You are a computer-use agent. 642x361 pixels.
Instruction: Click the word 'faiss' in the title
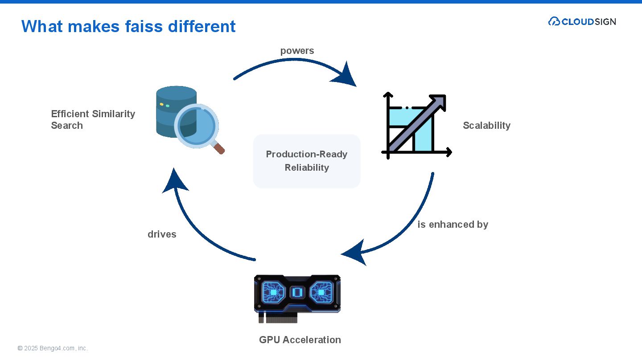pyautogui.click(x=144, y=26)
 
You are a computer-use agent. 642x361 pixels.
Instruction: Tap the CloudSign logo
pyautogui.click(x=582, y=21)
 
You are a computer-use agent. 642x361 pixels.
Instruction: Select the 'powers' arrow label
pyautogui.click(x=297, y=51)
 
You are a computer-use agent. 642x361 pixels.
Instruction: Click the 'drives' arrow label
pyautogui.click(x=162, y=234)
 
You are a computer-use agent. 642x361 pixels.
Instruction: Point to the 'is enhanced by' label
pyautogui.click(x=453, y=224)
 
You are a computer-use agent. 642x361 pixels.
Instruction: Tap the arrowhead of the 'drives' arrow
pyautogui.click(x=175, y=181)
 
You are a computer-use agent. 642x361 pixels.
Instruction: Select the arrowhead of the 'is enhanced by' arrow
pyautogui.click(x=354, y=253)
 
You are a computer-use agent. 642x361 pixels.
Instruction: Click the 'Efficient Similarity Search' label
pyautogui.click(x=93, y=119)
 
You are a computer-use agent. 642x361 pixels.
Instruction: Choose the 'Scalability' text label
pyautogui.click(x=487, y=125)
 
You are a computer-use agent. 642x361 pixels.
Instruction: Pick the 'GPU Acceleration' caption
pyautogui.click(x=300, y=340)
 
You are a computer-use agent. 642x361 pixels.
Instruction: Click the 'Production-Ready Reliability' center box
pyautogui.click(x=307, y=161)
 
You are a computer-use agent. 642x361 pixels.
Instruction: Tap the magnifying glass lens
pyautogui.click(x=197, y=126)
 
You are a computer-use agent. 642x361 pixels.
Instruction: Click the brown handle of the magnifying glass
pyautogui.click(x=219, y=148)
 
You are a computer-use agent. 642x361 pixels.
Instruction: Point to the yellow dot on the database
pyautogui.click(x=162, y=104)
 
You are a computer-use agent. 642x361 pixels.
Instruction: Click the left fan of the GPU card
pyautogui.click(x=273, y=292)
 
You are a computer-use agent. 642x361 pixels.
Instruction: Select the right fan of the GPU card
pyautogui.click(x=321, y=292)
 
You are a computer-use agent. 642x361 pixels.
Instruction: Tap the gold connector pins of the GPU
pyautogui.click(x=281, y=318)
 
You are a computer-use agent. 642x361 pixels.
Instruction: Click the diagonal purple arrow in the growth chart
pyautogui.click(x=417, y=123)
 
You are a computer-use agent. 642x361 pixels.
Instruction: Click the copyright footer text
pyautogui.click(x=53, y=348)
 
